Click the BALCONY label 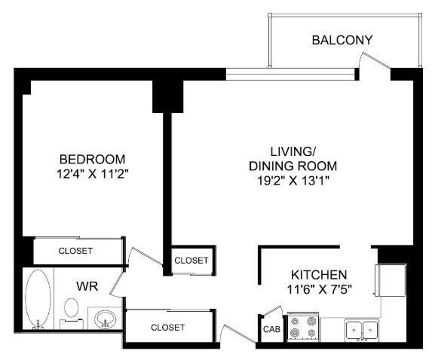click(342, 40)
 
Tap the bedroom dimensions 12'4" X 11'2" click(93, 174)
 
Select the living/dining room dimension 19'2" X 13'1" click(293, 181)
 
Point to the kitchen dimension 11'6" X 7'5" click(320, 289)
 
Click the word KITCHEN click(319, 275)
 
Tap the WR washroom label click(87, 286)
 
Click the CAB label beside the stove click(271, 329)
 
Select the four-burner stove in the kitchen click(303, 327)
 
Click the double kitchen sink click(362, 331)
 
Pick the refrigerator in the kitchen click(391, 280)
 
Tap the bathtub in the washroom click(38, 299)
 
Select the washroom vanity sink click(105, 319)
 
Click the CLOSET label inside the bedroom click(75, 251)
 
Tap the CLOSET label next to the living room click(191, 261)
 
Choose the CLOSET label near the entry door click(168, 328)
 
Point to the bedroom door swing click(146, 258)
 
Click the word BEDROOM click(92, 160)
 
